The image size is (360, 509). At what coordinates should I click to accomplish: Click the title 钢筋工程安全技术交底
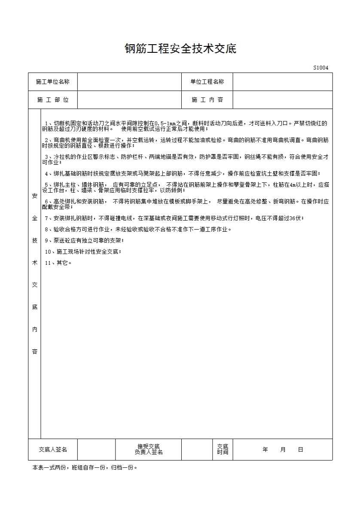pyautogui.click(x=180, y=48)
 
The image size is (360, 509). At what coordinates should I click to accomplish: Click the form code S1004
pyautogui.click(x=320, y=68)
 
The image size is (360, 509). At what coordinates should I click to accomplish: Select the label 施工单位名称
pyautogui.click(x=53, y=82)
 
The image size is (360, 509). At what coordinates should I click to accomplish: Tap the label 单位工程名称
pyautogui.click(x=207, y=82)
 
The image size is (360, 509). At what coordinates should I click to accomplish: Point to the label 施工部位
pyautogui.click(x=53, y=100)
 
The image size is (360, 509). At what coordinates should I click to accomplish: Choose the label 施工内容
pyautogui.click(x=207, y=100)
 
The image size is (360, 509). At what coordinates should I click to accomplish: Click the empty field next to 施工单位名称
pyautogui.click(x=129, y=82)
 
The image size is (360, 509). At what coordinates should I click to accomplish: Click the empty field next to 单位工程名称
pyautogui.click(x=282, y=82)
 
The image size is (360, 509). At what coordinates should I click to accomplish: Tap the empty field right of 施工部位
pyautogui.click(x=129, y=100)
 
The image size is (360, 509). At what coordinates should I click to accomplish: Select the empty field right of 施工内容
pyautogui.click(x=282, y=100)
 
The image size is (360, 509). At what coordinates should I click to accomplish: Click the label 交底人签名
pyautogui.click(x=53, y=449)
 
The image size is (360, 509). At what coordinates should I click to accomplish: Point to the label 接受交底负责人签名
pyautogui.click(x=148, y=449)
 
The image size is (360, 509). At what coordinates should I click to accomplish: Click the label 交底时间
pyautogui.click(x=223, y=449)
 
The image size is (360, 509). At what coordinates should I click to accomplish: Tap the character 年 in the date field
pyautogui.click(x=265, y=449)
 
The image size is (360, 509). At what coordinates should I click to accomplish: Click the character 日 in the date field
pyautogui.click(x=300, y=449)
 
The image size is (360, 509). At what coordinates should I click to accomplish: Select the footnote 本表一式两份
pyautogui.click(x=85, y=467)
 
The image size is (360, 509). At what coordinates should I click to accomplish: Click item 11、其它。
pyautogui.click(x=58, y=263)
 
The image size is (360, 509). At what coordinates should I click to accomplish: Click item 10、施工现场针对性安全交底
pyautogui.click(x=83, y=252)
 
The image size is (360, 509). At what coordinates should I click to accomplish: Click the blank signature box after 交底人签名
pyautogui.click(x=96, y=449)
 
